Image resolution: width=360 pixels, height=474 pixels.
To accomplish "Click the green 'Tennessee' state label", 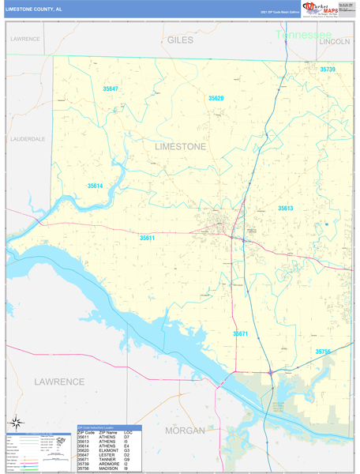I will tap(304, 36).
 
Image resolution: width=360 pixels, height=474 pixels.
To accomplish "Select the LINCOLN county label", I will tap(335, 41).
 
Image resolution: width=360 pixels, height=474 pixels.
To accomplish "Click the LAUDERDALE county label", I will tap(28, 138).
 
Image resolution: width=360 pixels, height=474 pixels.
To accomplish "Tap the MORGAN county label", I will tap(185, 430).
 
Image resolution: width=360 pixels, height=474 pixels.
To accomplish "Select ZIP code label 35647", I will tap(110, 88).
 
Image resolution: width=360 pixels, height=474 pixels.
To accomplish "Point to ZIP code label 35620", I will tap(216, 98).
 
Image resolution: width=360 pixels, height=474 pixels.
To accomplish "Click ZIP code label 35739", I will tap(328, 70).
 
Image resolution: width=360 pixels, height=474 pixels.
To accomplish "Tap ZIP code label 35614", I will tap(95, 186).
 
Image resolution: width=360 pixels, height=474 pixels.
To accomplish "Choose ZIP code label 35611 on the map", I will tap(147, 238).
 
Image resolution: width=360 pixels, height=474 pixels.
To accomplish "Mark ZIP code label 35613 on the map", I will tap(285, 208).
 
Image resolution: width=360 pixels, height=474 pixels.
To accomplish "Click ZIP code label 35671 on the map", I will tap(241, 334).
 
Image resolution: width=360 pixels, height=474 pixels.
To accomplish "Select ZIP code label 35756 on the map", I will tap(324, 352).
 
